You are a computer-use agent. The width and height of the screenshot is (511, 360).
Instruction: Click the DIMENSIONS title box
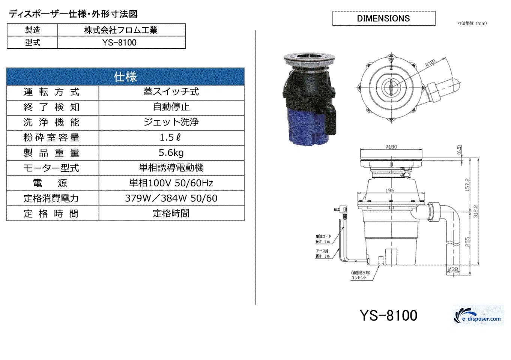coord(383,18)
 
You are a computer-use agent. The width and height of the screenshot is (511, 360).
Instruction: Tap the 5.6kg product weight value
coord(171,153)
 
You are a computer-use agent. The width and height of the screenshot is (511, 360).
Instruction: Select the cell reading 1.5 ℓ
coord(171,138)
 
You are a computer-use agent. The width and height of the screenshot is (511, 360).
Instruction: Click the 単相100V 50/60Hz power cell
coord(171,183)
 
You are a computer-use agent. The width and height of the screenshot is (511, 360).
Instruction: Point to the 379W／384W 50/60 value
coord(171,198)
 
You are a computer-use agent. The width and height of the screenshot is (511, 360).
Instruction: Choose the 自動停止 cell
coord(171,107)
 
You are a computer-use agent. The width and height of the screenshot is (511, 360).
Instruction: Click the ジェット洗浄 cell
coord(171,122)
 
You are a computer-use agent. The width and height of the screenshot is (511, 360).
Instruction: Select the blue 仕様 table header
coord(125,77)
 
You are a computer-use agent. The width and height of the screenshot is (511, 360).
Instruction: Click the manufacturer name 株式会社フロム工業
coord(121,30)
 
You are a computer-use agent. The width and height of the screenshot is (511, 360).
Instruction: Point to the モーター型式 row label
coord(52,168)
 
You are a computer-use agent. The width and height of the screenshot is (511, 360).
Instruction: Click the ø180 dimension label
coord(391,147)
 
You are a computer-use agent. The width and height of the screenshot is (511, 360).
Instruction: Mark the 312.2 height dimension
coord(476,211)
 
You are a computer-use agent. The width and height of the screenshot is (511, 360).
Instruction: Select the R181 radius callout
coord(431,63)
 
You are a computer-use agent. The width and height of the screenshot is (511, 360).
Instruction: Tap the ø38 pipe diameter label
coord(453,269)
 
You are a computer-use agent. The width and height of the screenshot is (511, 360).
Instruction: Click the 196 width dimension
coord(390,190)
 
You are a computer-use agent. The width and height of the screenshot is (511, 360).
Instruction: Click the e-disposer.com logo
coord(478,316)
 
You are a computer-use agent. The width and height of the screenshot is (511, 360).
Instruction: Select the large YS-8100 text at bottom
coord(388,315)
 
